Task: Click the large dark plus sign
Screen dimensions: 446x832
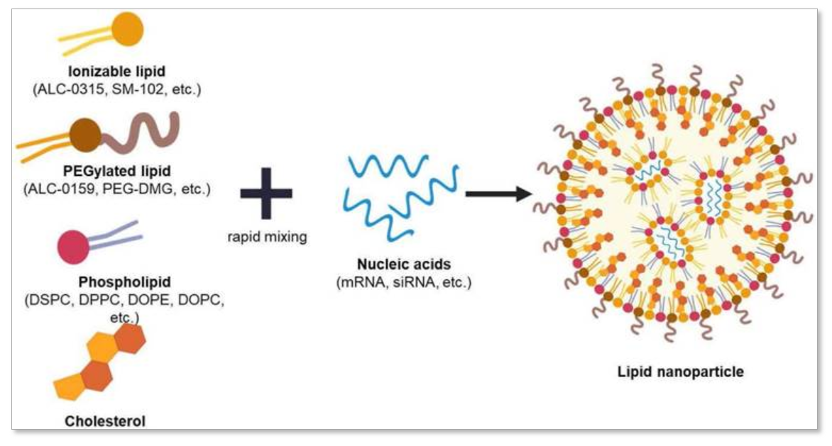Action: pos(266,194)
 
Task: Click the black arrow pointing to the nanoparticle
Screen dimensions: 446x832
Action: pos(500,192)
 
